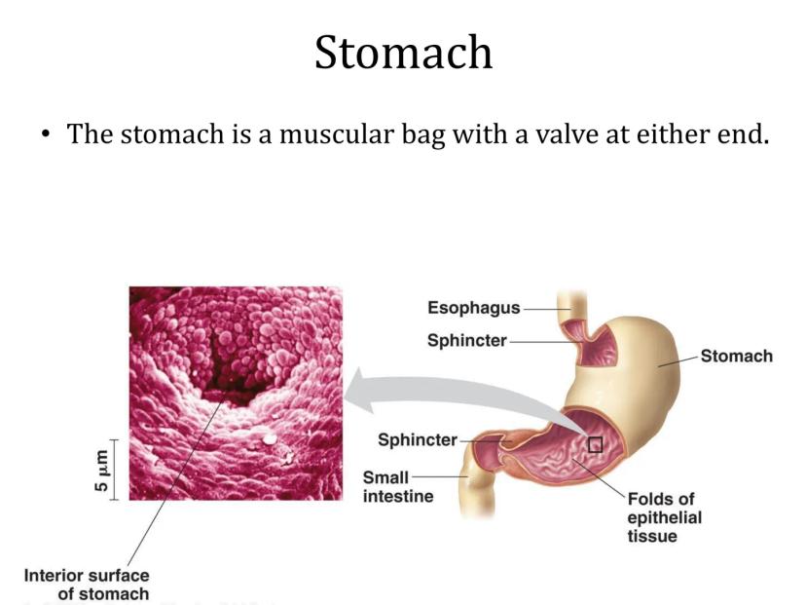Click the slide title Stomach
(x=404, y=52)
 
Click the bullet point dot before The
(x=47, y=134)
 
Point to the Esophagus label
(x=474, y=308)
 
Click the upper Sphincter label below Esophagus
(x=467, y=341)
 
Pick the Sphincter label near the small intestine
(x=418, y=439)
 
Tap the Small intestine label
(x=398, y=487)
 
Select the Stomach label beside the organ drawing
(x=737, y=356)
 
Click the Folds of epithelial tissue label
(x=664, y=517)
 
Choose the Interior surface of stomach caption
(x=87, y=585)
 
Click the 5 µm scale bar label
(x=102, y=471)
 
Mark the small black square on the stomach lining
(x=595, y=445)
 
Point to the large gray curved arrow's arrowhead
(x=360, y=390)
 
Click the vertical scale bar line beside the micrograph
(x=114, y=470)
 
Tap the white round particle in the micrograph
(x=269, y=439)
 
